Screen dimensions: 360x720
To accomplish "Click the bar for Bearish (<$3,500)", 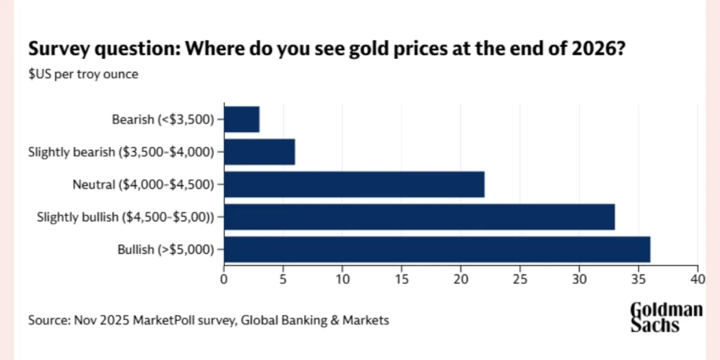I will (241, 119).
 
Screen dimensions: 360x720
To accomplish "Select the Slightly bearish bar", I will (259, 151).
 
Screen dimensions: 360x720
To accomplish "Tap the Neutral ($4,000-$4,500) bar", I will (354, 184).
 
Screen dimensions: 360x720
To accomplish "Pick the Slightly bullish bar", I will (419, 217).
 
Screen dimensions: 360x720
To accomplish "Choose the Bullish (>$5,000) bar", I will (437, 249).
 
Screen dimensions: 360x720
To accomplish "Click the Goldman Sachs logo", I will (665, 317).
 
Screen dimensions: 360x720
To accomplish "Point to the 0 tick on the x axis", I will (224, 278).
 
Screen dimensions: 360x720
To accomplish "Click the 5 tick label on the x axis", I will (283, 278).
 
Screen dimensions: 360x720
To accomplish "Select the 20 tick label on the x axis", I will (461, 278).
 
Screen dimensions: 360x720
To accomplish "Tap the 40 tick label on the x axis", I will (697, 278).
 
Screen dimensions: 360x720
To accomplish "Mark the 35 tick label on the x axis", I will (638, 278).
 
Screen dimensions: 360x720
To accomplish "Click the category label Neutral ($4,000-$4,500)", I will (145, 184).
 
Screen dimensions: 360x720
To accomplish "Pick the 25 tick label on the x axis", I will (520, 278).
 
